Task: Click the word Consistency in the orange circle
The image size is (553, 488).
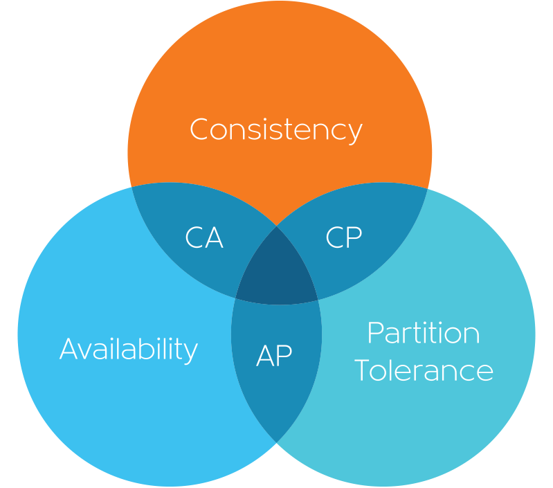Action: click(275, 129)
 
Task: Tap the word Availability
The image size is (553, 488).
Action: click(129, 349)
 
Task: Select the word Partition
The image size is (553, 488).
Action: click(423, 333)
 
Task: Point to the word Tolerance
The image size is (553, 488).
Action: click(424, 370)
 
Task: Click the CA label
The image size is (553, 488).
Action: click(204, 238)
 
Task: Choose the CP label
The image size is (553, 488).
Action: click(343, 237)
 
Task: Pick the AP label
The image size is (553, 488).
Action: click(274, 356)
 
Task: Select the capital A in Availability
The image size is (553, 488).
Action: click(71, 349)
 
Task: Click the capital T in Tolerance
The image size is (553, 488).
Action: click(364, 370)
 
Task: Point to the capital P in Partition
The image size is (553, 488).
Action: click(375, 333)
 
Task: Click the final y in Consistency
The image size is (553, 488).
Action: click(354, 133)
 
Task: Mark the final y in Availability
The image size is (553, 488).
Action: click(190, 352)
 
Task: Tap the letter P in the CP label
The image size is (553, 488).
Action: click(354, 237)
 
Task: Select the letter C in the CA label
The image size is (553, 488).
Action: click(194, 238)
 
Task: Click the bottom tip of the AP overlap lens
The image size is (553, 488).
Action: click(277, 442)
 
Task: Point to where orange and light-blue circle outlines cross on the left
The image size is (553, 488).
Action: click(132, 187)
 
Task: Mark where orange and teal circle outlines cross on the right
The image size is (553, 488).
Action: click(427, 188)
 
